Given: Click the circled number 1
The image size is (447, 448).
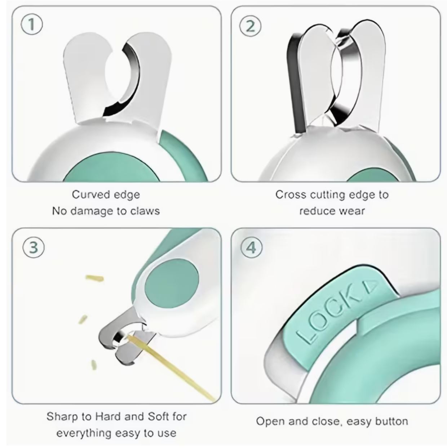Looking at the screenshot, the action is pyautogui.click(x=32, y=25).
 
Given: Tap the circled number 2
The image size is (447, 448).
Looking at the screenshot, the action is pyautogui.click(x=251, y=27).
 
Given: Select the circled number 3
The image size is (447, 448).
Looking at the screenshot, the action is pyautogui.click(x=34, y=248).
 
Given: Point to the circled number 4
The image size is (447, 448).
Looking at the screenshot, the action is pyautogui.click(x=252, y=248).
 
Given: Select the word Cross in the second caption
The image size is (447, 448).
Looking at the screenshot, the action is pyautogui.click(x=291, y=194).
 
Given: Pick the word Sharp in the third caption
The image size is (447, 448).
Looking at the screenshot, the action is pyautogui.click(x=62, y=416).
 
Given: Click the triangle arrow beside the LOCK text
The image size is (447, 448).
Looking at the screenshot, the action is pyautogui.click(x=371, y=285).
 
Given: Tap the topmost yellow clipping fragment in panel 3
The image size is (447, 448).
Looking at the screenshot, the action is pyautogui.click(x=94, y=278).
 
